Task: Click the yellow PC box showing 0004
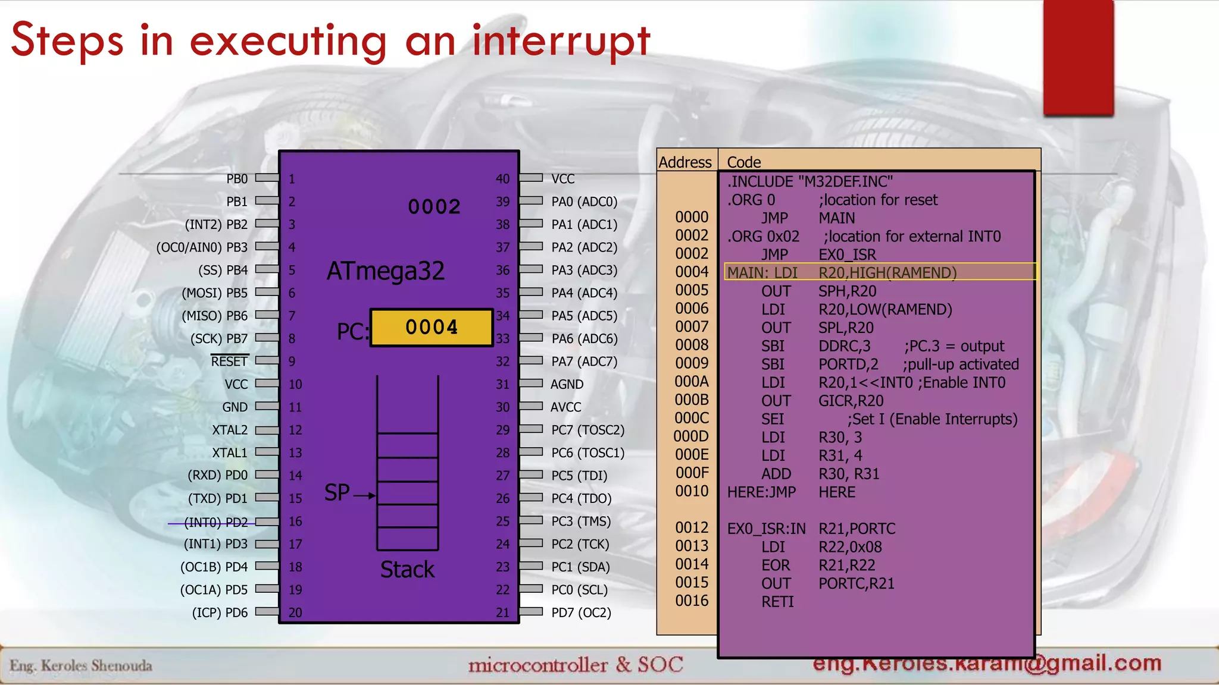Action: (x=432, y=327)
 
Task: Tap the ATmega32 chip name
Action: (x=386, y=271)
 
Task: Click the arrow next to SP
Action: (x=364, y=495)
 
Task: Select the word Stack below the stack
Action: (x=407, y=570)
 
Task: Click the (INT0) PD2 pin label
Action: (x=215, y=522)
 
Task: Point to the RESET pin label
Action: (x=229, y=362)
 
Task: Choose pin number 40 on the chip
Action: (x=502, y=179)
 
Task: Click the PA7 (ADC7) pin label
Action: (x=584, y=362)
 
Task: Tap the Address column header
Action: (x=685, y=162)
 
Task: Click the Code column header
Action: (x=744, y=162)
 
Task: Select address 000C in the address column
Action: (x=692, y=418)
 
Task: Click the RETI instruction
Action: (x=777, y=602)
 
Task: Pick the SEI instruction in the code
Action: (x=773, y=419)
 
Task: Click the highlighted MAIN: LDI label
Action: (x=762, y=273)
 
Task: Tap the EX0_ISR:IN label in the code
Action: (x=766, y=529)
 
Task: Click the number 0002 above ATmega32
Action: (x=434, y=207)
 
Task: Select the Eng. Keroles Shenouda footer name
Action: (x=81, y=665)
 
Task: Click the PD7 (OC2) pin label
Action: (x=581, y=612)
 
